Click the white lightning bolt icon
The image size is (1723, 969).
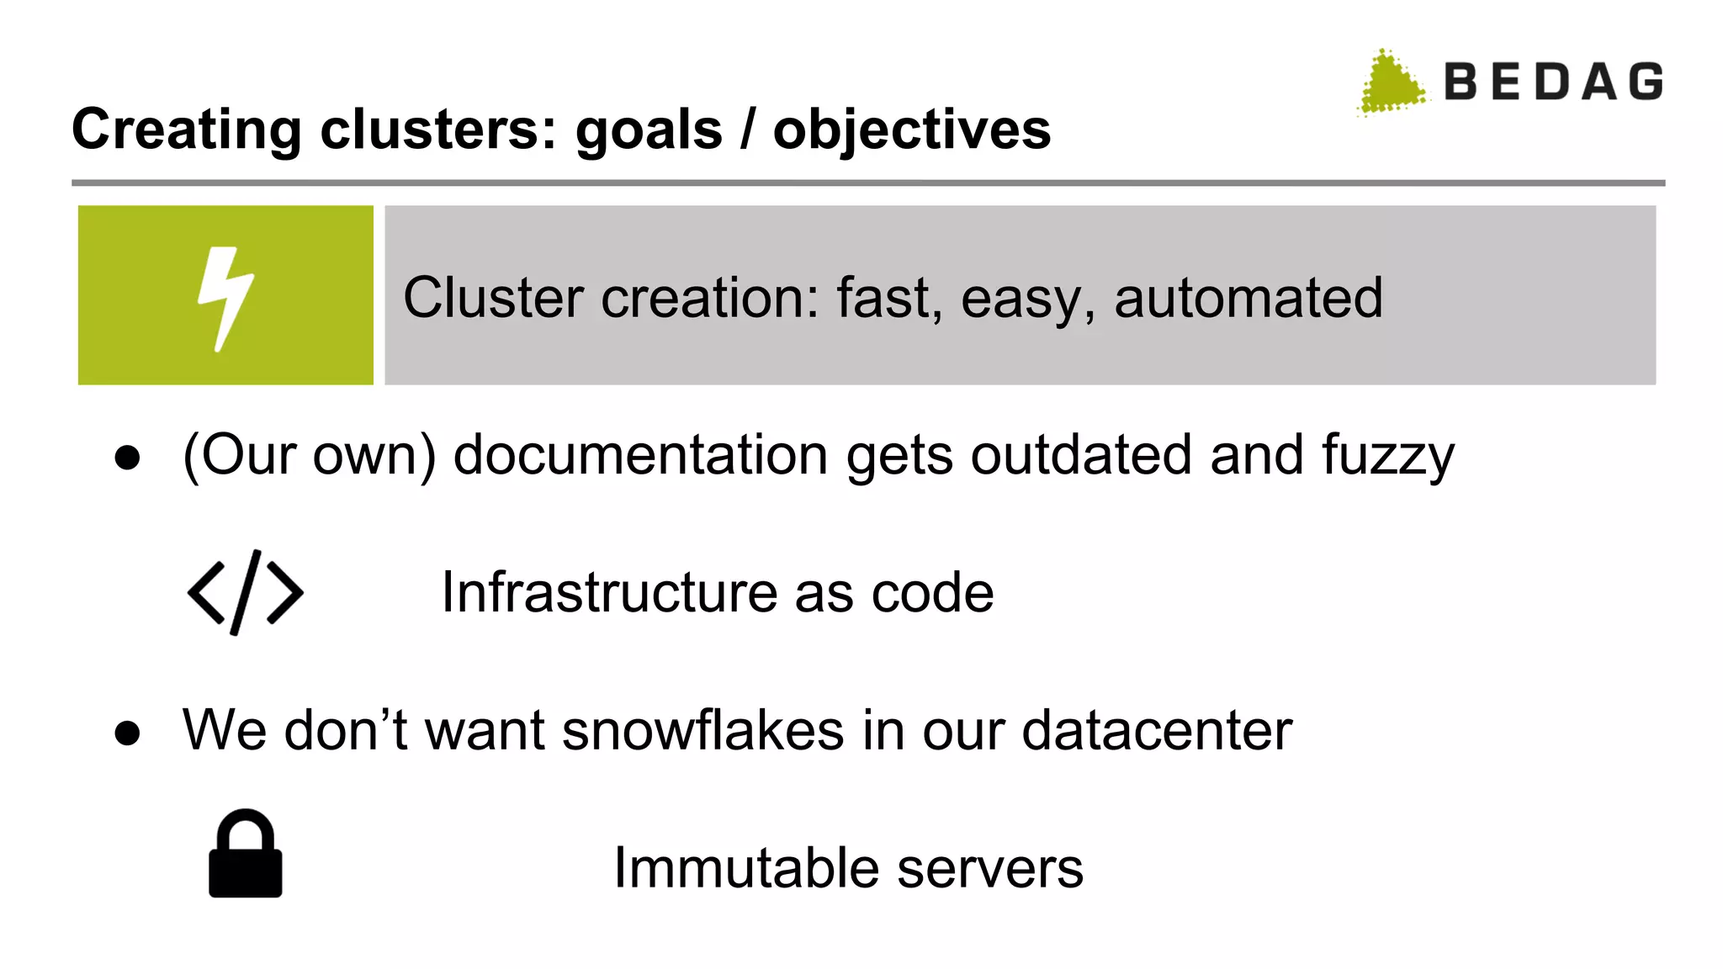(x=225, y=297)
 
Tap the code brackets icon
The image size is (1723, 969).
(x=245, y=592)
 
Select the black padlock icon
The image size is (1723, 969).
(x=245, y=855)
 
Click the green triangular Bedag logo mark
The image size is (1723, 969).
(x=1392, y=83)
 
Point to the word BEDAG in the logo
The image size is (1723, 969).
(x=1553, y=82)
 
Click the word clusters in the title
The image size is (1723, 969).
(x=437, y=130)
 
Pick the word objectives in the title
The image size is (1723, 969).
(x=912, y=130)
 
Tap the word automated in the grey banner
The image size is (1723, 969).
(x=1248, y=298)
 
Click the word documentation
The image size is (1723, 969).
(x=640, y=455)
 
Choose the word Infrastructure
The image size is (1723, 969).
(x=609, y=592)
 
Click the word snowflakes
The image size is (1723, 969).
(x=702, y=729)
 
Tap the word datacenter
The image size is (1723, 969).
(x=1156, y=729)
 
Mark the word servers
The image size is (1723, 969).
(x=990, y=869)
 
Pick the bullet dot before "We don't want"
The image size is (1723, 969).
(x=127, y=733)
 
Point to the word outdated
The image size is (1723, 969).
(x=1081, y=455)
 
